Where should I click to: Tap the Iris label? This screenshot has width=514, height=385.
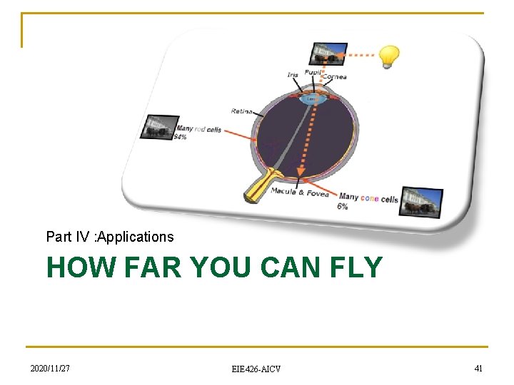293,75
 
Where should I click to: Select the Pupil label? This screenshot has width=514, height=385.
312,72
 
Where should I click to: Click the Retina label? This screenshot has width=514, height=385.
241,111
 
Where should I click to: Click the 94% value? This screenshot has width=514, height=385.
180,137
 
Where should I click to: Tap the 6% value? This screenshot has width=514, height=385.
343,207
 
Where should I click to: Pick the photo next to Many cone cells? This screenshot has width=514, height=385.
420,202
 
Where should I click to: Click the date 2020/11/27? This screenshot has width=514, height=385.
50,368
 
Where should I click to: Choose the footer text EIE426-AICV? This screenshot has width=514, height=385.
256,369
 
